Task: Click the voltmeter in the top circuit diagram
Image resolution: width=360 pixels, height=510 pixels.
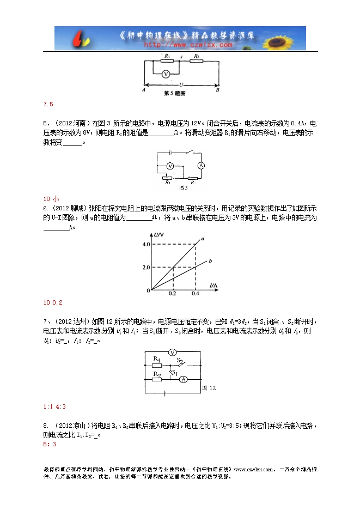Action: [168, 73]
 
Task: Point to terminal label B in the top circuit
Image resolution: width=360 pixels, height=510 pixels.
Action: [217, 90]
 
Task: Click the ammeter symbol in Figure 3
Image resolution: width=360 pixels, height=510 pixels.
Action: [200, 165]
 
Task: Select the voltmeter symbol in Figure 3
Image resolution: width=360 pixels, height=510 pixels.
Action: [169, 165]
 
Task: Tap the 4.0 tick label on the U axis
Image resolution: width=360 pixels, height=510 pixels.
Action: [144, 244]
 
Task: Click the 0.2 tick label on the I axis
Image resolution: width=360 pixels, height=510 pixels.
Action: [173, 293]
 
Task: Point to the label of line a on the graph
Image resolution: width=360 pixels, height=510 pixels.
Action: [203, 239]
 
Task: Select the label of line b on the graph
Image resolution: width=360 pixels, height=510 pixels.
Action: [210, 262]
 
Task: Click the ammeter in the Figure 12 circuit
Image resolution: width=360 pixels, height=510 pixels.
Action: [184, 379]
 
